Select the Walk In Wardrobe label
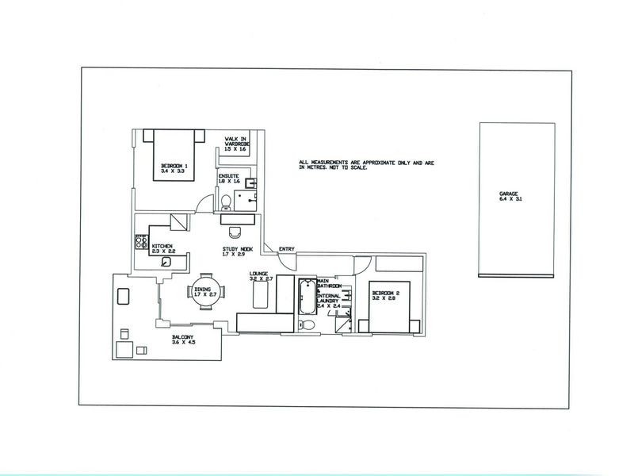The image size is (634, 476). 236,144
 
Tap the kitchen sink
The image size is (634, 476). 167,261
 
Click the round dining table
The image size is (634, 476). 202,294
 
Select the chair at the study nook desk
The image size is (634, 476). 234,232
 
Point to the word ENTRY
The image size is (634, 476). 287,250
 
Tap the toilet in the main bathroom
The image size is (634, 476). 310,325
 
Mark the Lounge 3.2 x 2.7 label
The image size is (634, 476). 261,278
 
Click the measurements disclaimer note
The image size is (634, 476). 368,165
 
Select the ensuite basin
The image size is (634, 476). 249,183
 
